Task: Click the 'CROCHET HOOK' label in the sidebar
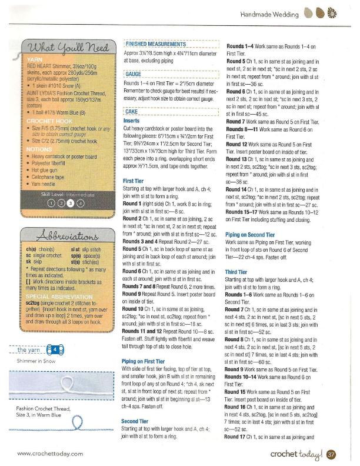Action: (x=47, y=119)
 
